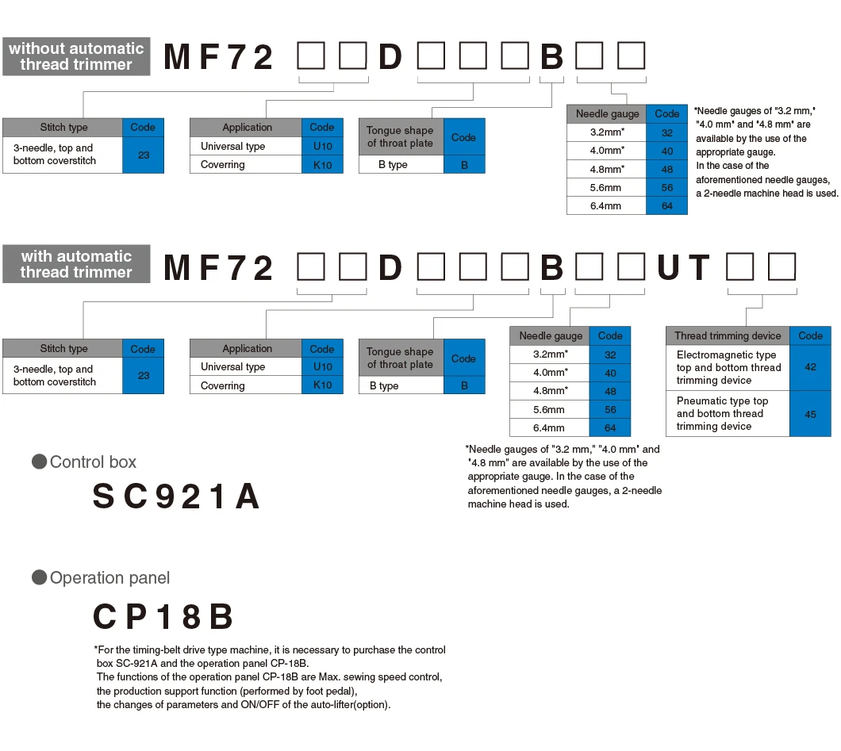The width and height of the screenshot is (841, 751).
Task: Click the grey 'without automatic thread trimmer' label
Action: coord(76,56)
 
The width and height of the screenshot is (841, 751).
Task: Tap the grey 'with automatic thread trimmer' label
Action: coord(76,264)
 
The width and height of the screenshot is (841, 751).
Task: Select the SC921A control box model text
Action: coord(176,496)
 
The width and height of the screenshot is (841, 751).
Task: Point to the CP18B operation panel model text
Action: coord(163,616)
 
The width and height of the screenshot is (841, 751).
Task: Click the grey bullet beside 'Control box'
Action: coord(39,462)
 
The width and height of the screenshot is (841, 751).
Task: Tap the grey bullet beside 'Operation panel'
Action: coord(39,577)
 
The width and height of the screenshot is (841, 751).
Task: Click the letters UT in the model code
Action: coord(683,267)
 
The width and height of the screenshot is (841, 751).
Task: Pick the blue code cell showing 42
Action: coord(810,367)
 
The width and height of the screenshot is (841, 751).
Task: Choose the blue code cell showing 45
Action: coord(810,414)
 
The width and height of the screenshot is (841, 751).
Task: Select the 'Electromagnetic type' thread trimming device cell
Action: coord(728,367)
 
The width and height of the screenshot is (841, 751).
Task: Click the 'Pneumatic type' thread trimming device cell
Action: coord(728,414)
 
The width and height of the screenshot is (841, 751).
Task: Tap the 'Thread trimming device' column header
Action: coord(728,335)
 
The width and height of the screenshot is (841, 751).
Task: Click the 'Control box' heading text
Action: coord(93,462)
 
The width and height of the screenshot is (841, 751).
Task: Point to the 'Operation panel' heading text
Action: coord(109,577)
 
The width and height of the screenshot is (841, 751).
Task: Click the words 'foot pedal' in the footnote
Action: coord(330,691)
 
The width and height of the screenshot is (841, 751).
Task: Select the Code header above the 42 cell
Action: coord(810,335)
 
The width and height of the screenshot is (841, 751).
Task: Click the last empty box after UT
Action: coord(781,267)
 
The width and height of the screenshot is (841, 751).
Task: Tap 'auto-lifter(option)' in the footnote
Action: coord(349,704)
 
